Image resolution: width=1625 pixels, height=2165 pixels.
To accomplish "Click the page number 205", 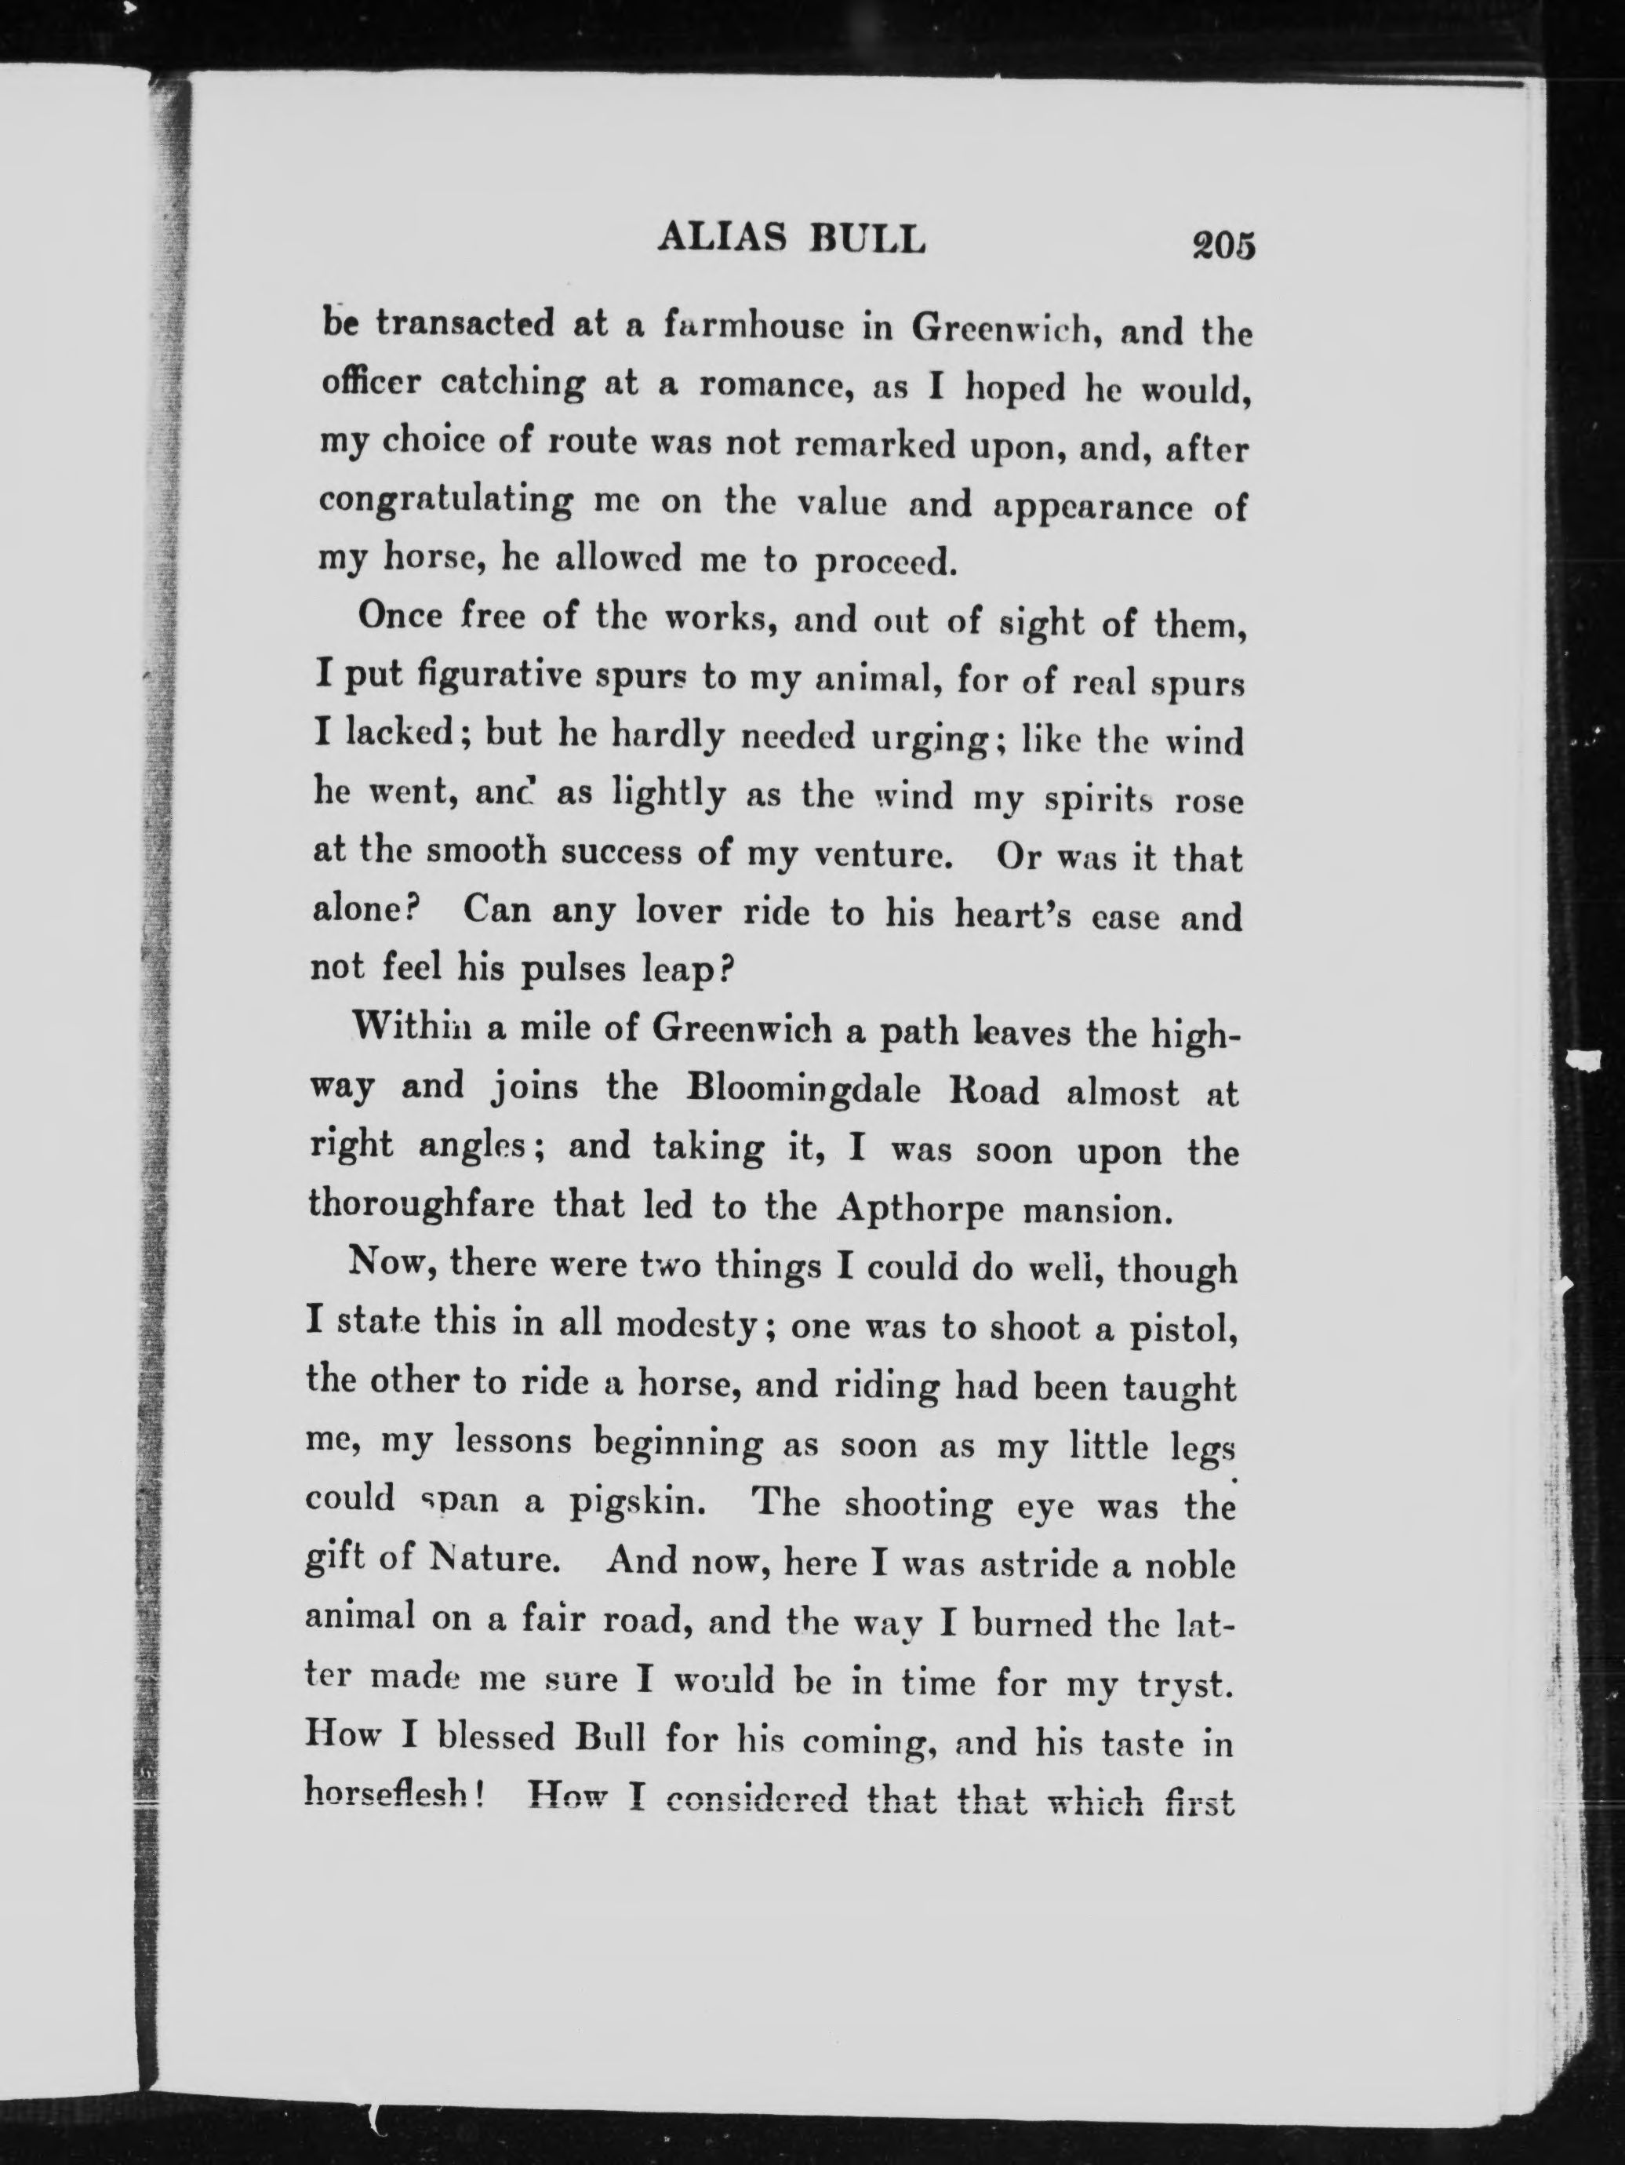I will [1222, 244].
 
